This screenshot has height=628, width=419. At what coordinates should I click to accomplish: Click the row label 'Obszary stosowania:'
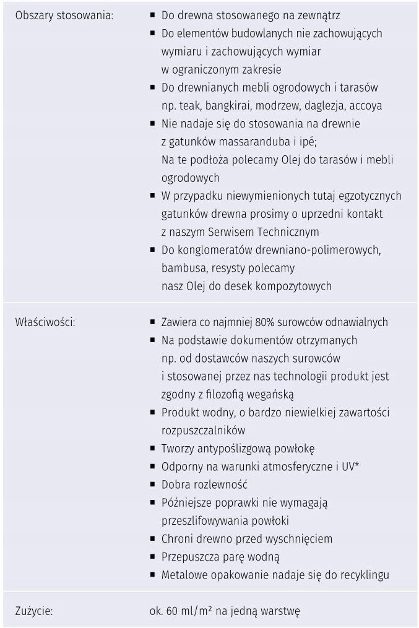coord(63,15)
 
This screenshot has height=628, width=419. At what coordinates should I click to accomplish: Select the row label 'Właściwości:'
coord(45,322)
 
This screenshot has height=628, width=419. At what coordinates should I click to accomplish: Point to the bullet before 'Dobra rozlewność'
coord(152,484)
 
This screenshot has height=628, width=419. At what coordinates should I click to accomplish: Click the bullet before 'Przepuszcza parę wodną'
coord(152,557)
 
